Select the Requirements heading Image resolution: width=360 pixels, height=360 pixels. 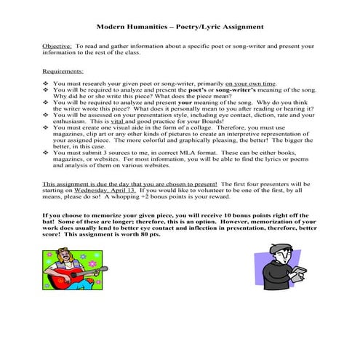(63, 72)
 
